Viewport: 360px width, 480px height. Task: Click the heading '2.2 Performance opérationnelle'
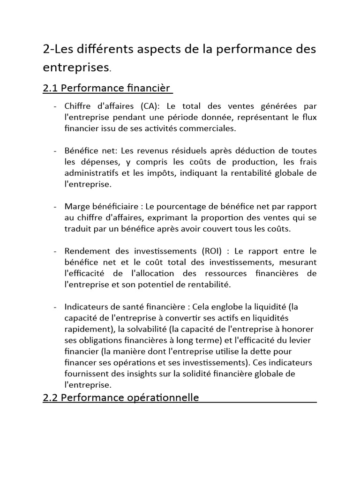121,397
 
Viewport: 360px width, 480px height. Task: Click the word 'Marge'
77,207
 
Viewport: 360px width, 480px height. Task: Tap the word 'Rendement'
86,250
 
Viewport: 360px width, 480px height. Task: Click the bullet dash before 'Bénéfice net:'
55,151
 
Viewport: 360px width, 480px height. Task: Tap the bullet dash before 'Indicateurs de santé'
55,307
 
